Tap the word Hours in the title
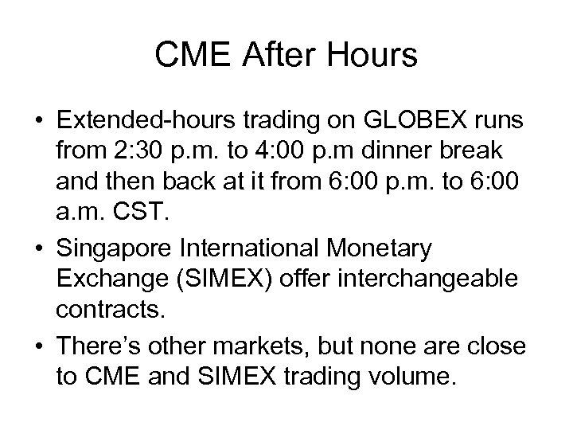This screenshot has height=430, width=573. [375, 57]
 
